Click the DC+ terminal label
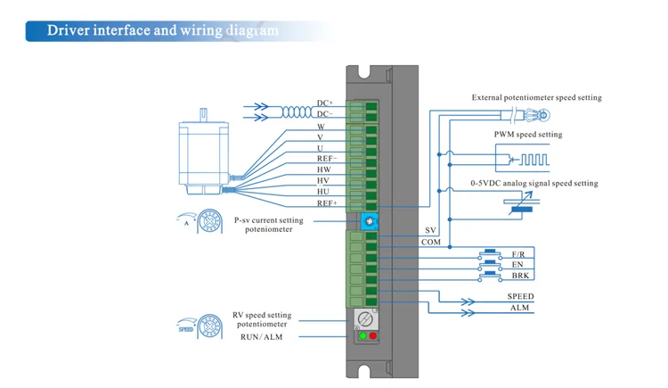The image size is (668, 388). (x=325, y=103)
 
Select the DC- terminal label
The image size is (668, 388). (x=325, y=114)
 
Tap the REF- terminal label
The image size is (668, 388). (x=327, y=158)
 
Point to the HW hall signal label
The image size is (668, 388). (x=324, y=169)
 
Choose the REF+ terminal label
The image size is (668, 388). (x=327, y=202)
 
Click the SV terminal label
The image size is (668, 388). (x=430, y=230)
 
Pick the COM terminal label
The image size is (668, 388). (x=431, y=242)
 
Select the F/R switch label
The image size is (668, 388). (x=518, y=254)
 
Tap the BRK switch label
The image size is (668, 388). (x=520, y=276)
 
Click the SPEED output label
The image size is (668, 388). (x=520, y=297)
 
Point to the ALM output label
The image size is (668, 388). (x=520, y=308)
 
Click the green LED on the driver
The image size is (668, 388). (x=363, y=336)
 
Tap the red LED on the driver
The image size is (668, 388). (x=373, y=336)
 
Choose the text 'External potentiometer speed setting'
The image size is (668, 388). (x=536, y=97)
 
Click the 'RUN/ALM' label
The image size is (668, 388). (x=264, y=336)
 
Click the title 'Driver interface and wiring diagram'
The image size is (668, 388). (x=162, y=30)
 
